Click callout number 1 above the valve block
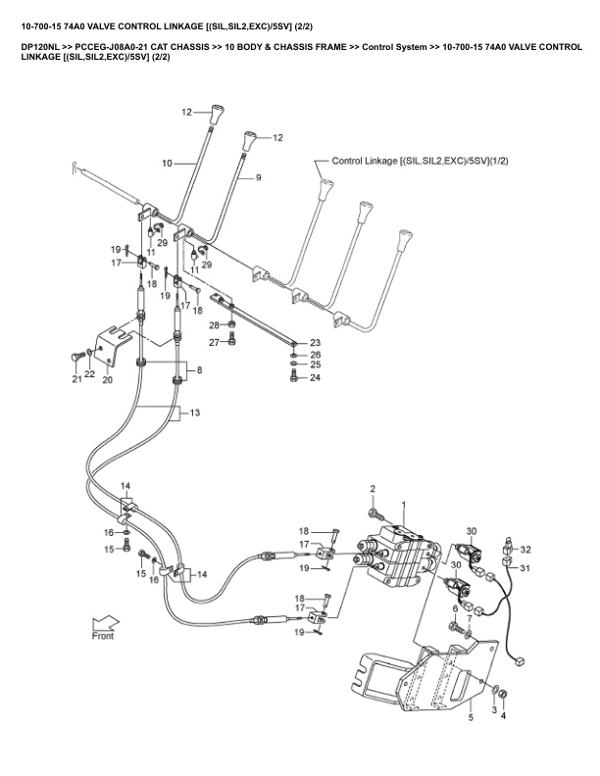(x=403, y=503)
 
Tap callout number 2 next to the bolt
(x=373, y=488)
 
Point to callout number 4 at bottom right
(x=504, y=715)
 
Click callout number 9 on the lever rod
(x=259, y=178)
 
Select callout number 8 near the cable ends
(x=199, y=370)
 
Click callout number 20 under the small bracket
(x=108, y=380)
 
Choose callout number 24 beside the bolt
(x=316, y=377)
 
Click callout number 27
(x=214, y=342)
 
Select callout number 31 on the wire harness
(x=525, y=568)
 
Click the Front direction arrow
(x=104, y=622)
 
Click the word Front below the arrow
(x=103, y=637)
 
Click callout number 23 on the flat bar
(x=316, y=342)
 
